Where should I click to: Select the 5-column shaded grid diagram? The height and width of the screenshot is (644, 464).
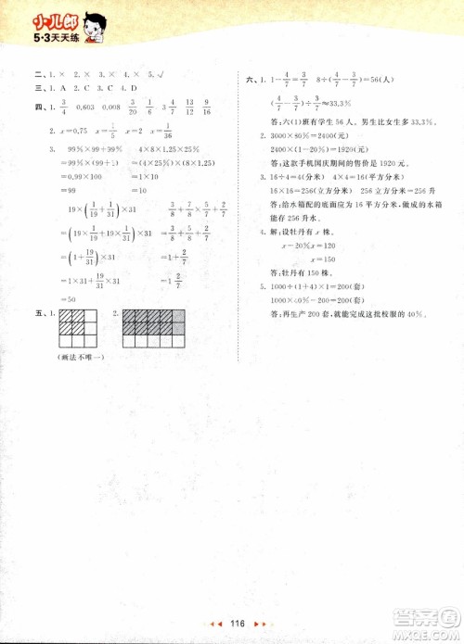click(151, 327)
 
